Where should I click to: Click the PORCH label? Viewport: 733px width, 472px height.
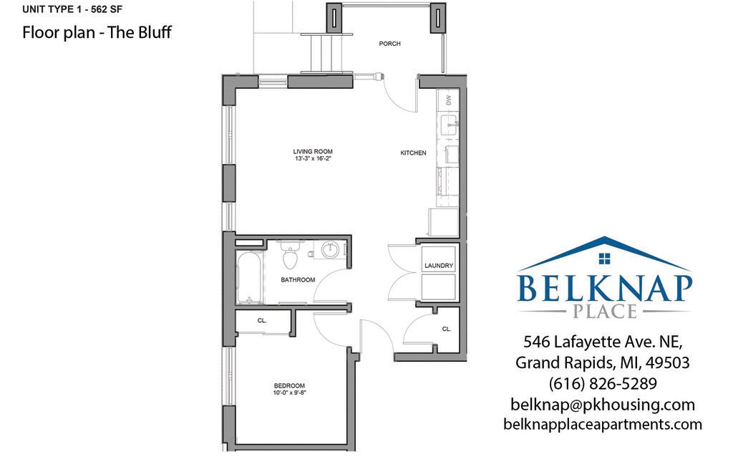click(x=389, y=44)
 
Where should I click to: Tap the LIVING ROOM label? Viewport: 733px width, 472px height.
click(x=313, y=151)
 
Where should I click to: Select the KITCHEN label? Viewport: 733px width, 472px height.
click(x=413, y=153)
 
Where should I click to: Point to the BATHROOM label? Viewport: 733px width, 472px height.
click(x=298, y=279)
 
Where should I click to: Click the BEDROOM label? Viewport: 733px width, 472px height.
click(x=290, y=385)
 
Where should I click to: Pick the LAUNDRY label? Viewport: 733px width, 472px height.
click(x=439, y=266)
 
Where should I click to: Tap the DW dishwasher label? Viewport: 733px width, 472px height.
click(x=449, y=100)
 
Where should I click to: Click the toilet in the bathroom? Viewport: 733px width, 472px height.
click(x=290, y=255)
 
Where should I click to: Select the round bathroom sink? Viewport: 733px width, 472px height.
click(x=330, y=251)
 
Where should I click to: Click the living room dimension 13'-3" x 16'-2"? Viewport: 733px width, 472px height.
click(x=313, y=159)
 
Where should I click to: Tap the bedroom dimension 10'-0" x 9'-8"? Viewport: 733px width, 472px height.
click(x=290, y=392)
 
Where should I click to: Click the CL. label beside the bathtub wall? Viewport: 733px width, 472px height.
click(x=262, y=321)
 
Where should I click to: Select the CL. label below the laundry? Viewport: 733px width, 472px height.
click(x=447, y=329)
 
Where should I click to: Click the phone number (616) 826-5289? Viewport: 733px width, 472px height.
click(x=602, y=383)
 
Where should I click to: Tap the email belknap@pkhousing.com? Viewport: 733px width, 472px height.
click(x=602, y=404)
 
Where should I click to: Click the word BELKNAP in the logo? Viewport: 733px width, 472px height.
click(x=605, y=288)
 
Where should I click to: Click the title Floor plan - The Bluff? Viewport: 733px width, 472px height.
click(x=97, y=33)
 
